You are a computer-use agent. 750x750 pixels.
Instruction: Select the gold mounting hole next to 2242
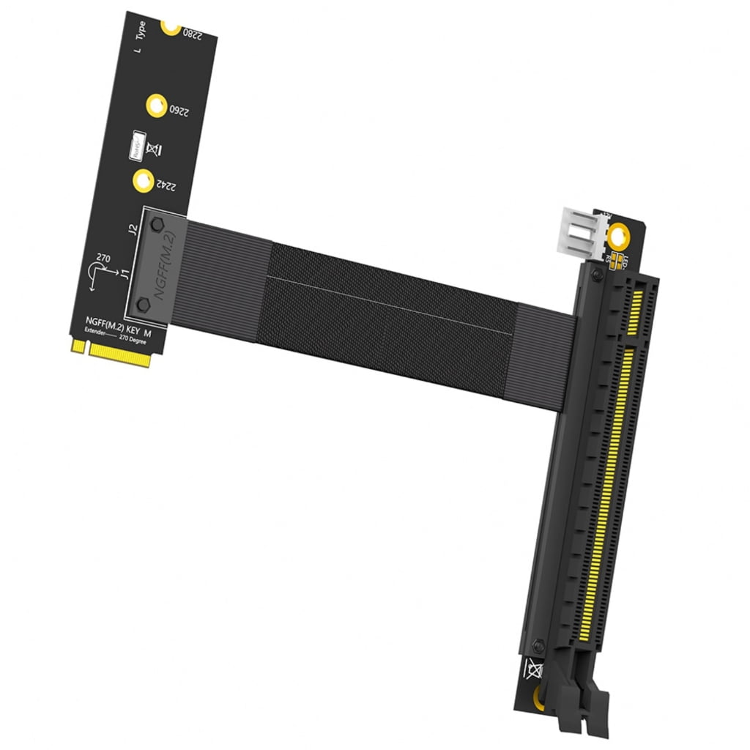click(x=143, y=179)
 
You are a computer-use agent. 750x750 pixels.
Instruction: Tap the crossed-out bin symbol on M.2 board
click(x=155, y=149)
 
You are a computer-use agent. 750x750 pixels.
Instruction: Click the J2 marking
click(x=133, y=229)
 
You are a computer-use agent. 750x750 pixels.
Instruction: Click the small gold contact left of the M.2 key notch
click(x=76, y=344)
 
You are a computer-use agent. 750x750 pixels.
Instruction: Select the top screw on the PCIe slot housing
click(x=597, y=275)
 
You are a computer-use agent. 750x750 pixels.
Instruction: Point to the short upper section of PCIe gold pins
click(x=636, y=311)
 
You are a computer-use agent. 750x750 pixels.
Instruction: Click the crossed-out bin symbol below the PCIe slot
click(x=532, y=667)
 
